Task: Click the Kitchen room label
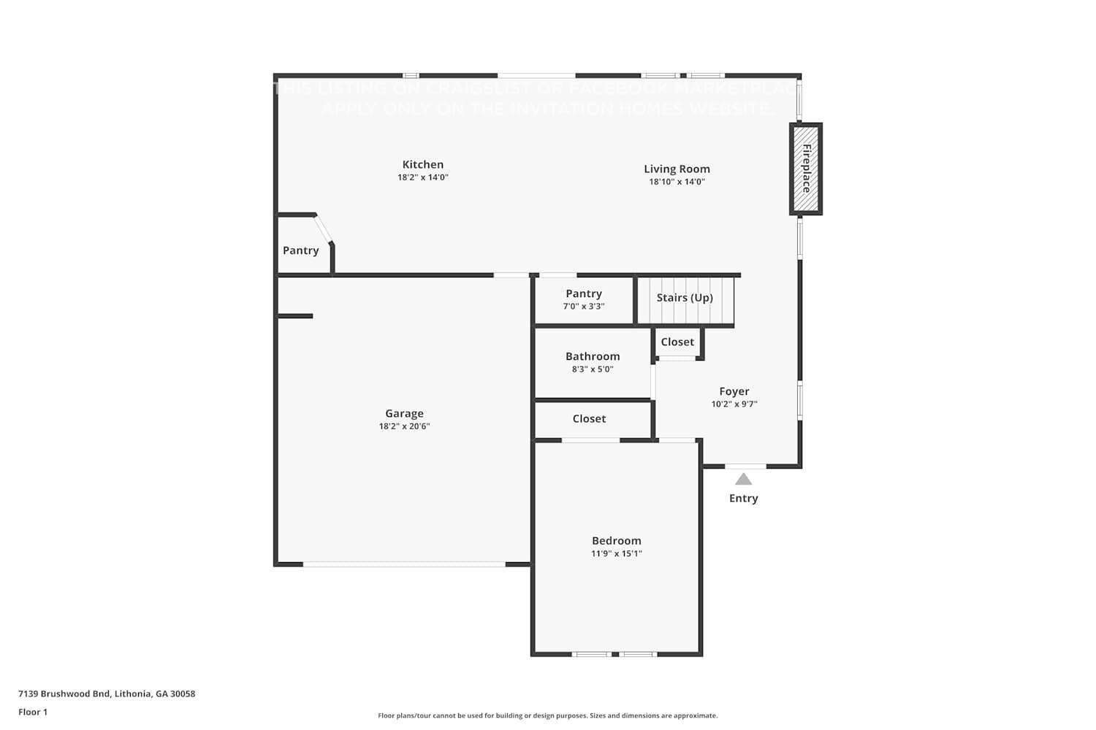point(422,165)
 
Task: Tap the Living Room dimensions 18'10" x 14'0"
point(677,182)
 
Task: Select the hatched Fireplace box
point(806,169)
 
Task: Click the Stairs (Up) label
point(684,298)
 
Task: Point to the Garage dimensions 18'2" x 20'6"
point(404,426)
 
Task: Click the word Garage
point(404,413)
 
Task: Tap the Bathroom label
point(592,356)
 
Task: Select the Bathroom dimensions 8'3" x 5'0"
point(592,369)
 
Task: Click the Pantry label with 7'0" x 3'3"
point(583,293)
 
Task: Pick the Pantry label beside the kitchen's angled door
point(300,250)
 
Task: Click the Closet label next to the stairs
point(677,342)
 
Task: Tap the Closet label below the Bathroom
point(589,419)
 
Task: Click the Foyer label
point(734,391)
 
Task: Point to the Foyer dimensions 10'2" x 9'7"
point(734,404)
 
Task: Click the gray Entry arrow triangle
point(743,480)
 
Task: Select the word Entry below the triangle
point(743,499)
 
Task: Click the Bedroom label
point(616,541)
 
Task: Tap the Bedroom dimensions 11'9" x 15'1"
point(616,554)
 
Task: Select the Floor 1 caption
point(33,712)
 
